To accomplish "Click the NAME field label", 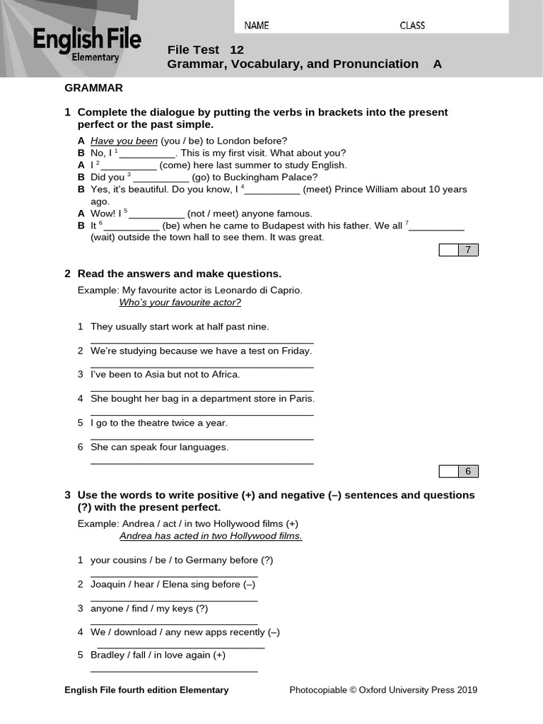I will click(x=257, y=25).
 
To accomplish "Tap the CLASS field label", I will click(x=412, y=25).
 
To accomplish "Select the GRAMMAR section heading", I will click(x=93, y=88).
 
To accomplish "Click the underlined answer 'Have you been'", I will click(x=124, y=141).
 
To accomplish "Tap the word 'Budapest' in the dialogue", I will click(x=289, y=226).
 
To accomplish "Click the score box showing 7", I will click(x=467, y=250).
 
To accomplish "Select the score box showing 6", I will click(x=467, y=472).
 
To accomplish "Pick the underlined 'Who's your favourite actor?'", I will click(x=180, y=303).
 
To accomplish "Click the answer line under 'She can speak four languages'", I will click(x=202, y=463).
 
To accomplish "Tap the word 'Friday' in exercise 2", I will click(x=296, y=351).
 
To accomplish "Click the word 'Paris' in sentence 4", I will click(x=301, y=399).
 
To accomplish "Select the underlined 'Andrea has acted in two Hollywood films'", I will click(x=211, y=536).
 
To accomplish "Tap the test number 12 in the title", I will click(x=237, y=49).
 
